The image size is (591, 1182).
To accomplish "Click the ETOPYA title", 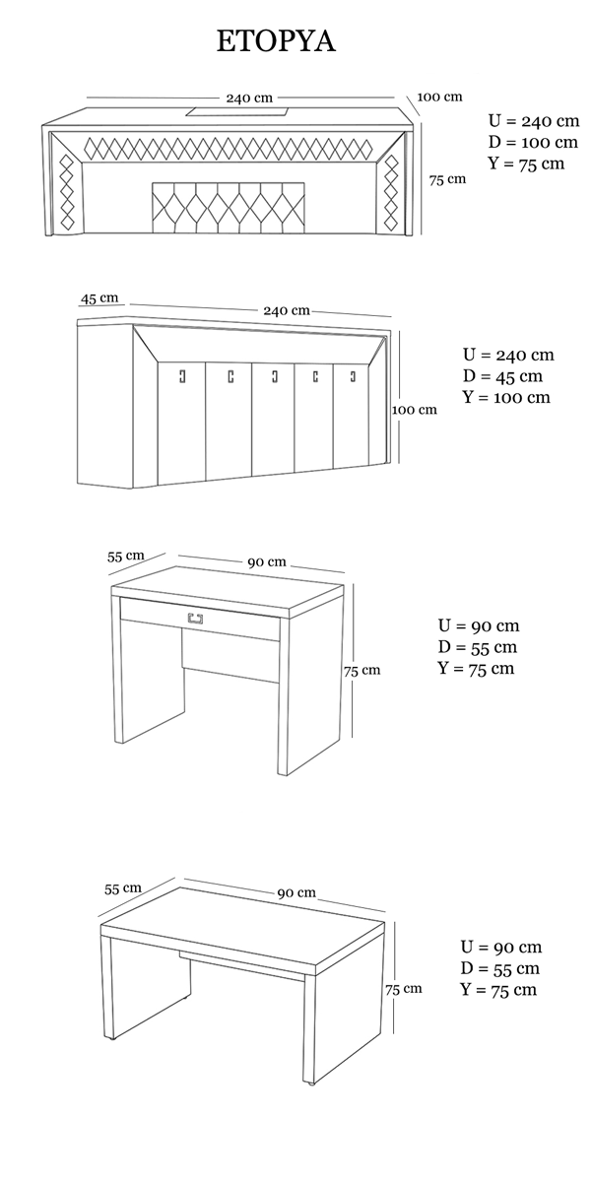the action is click(276, 41).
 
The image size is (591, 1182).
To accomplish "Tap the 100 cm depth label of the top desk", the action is click(439, 97).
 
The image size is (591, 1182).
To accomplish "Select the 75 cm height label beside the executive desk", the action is click(447, 179).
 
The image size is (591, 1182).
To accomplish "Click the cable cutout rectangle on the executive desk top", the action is click(239, 111).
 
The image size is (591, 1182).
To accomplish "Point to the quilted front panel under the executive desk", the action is click(229, 208).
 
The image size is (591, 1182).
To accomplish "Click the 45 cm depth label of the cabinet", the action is click(99, 298).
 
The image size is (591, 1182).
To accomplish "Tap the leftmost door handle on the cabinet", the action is click(182, 376).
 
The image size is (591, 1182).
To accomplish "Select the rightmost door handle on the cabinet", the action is click(353, 376).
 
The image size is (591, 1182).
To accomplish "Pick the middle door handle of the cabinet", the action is click(275, 376).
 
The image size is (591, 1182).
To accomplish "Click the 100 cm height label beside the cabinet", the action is click(415, 410).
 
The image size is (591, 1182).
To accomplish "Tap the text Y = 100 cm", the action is click(506, 397).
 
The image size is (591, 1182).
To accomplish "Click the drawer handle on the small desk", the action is click(195, 618).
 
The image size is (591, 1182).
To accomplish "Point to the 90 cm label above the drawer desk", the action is click(267, 562).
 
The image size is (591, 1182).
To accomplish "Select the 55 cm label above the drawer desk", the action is click(126, 556).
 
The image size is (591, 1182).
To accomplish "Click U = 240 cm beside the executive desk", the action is click(534, 121).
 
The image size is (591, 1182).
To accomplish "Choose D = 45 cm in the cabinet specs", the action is click(503, 375).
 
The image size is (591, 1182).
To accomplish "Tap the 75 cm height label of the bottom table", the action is click(404, 989).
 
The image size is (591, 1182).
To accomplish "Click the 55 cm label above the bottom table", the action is click(123, 888).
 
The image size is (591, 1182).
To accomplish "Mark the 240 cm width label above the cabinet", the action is click(287, 310).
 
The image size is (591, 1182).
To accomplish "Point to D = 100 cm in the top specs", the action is click(533, 142).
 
